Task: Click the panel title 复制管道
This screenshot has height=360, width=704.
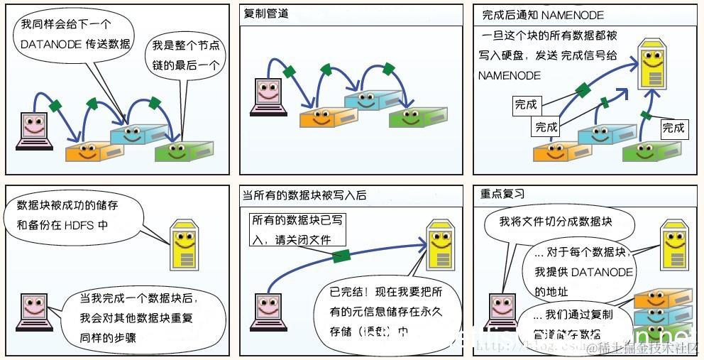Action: tap(266, 14)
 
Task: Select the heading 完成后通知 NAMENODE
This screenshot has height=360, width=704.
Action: tap(543, 14)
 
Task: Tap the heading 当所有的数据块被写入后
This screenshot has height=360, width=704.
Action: tap(304, 195)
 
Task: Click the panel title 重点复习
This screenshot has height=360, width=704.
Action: tap(502, 194)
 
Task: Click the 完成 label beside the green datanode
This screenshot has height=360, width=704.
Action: tap(673, 128)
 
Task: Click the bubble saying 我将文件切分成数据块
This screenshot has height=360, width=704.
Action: tap(555, 222)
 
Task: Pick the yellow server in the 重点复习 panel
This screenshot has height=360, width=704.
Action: tap(673, 244)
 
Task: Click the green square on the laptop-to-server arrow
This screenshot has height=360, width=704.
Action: tap(342, 256)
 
